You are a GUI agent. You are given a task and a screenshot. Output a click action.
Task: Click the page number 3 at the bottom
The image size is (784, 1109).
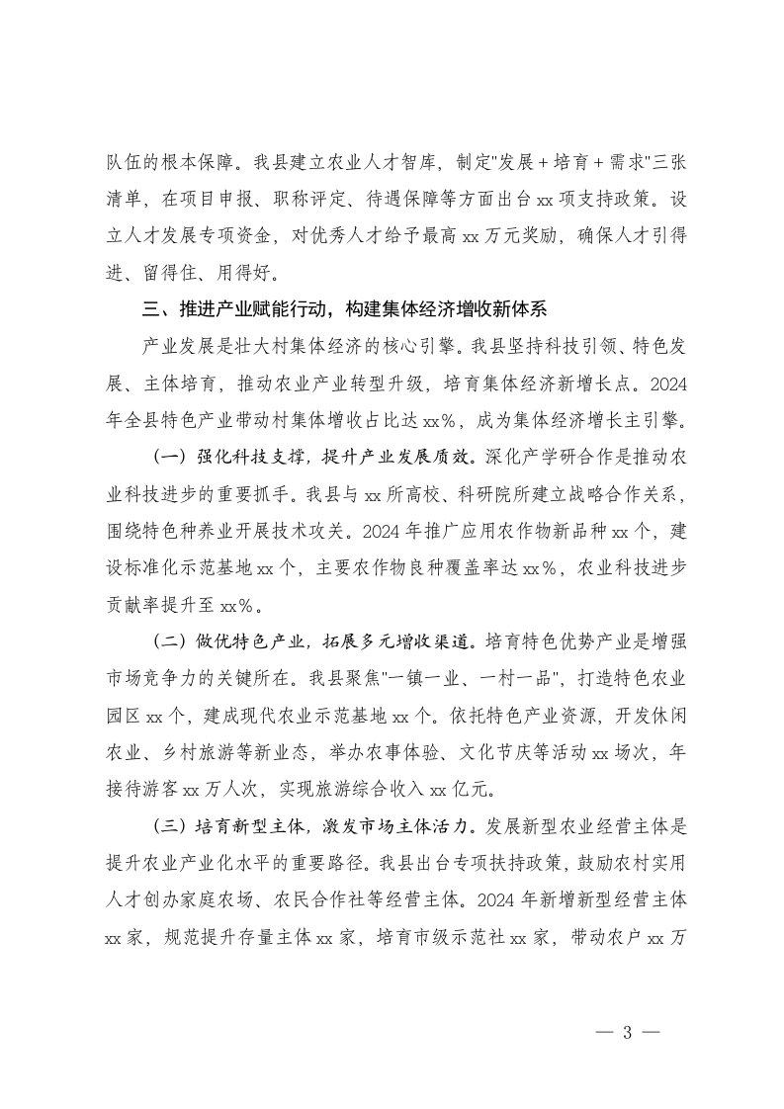click(x=627, y=1034)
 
